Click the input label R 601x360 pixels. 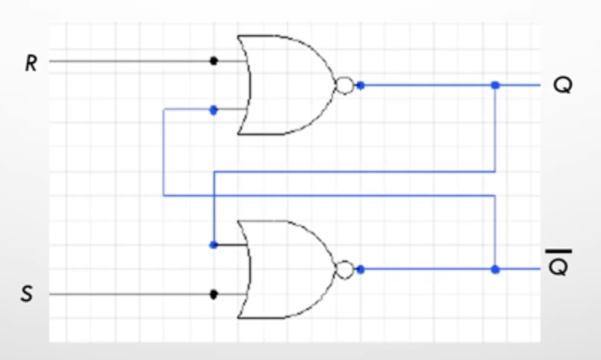tap(31, 63)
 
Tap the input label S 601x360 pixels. tap(26, 294)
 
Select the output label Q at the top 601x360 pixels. tap(563, 85)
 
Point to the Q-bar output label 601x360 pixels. tap(559, 263)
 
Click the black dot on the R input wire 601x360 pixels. tap(214, 60)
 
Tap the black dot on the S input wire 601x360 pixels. tap(214, 294)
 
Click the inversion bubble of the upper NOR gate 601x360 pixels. tap(345, 85)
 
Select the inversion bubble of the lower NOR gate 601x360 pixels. tap(345, 270)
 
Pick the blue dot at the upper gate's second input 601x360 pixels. tap(214, 110)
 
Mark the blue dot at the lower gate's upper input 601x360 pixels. tap(214, 245)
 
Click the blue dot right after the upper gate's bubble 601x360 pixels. tap(361, 85)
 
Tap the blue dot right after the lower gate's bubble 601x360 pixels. tap(361, 270)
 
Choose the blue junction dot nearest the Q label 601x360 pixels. tap(495, 85)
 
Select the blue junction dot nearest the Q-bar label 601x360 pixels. tap(495, 270)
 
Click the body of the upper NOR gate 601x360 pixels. tap(287, 85)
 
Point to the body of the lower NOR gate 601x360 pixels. tap(287, 270)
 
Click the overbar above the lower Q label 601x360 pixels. tap(559, 252)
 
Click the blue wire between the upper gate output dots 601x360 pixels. tap(428, 85)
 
